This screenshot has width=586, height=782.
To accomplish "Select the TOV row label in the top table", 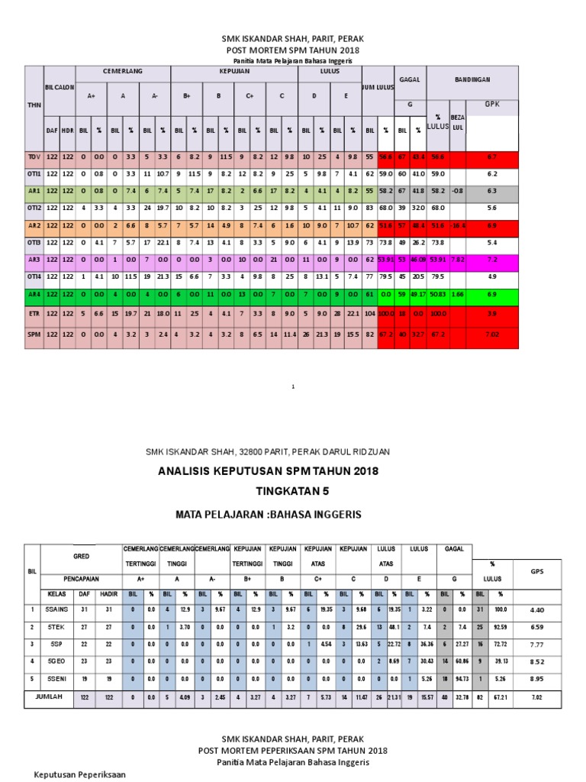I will pos(33,157).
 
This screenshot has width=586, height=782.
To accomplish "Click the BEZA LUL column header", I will pos(457,122).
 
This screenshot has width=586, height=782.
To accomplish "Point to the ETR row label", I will pos(33,314).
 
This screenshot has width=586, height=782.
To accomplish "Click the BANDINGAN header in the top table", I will pos(473,79).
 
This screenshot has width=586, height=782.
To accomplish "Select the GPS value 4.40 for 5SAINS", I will pos(536,609).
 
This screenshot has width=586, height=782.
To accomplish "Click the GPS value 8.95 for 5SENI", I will pos(536,678).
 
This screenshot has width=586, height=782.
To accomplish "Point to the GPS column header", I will pos(536,571).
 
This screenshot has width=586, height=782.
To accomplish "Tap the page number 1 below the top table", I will pos(293,387).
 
